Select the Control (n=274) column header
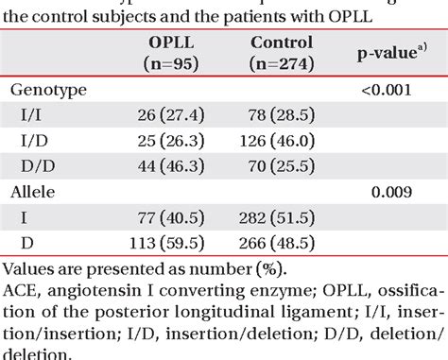282,55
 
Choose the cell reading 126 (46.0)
282,140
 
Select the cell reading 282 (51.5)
282,216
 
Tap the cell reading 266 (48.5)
282,242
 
